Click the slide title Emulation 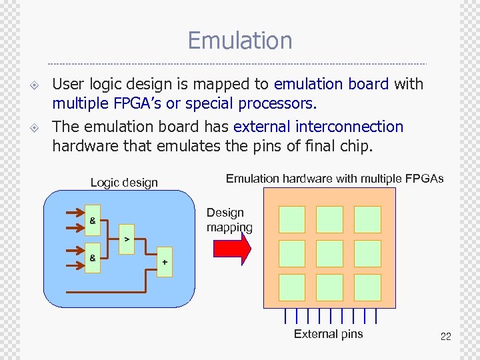point(240,41)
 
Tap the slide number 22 point(445,337)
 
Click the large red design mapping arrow point(231,249)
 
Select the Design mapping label point(229,220)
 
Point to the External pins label point(328,334)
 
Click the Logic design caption point(124,183)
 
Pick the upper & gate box point(92,220)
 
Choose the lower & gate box point(92,257)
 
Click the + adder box point(165,262)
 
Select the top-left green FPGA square point(291,219)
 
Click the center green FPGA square point(329,253)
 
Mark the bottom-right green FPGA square point(367,287)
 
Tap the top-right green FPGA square point(367,219)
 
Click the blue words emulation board point(331,84)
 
